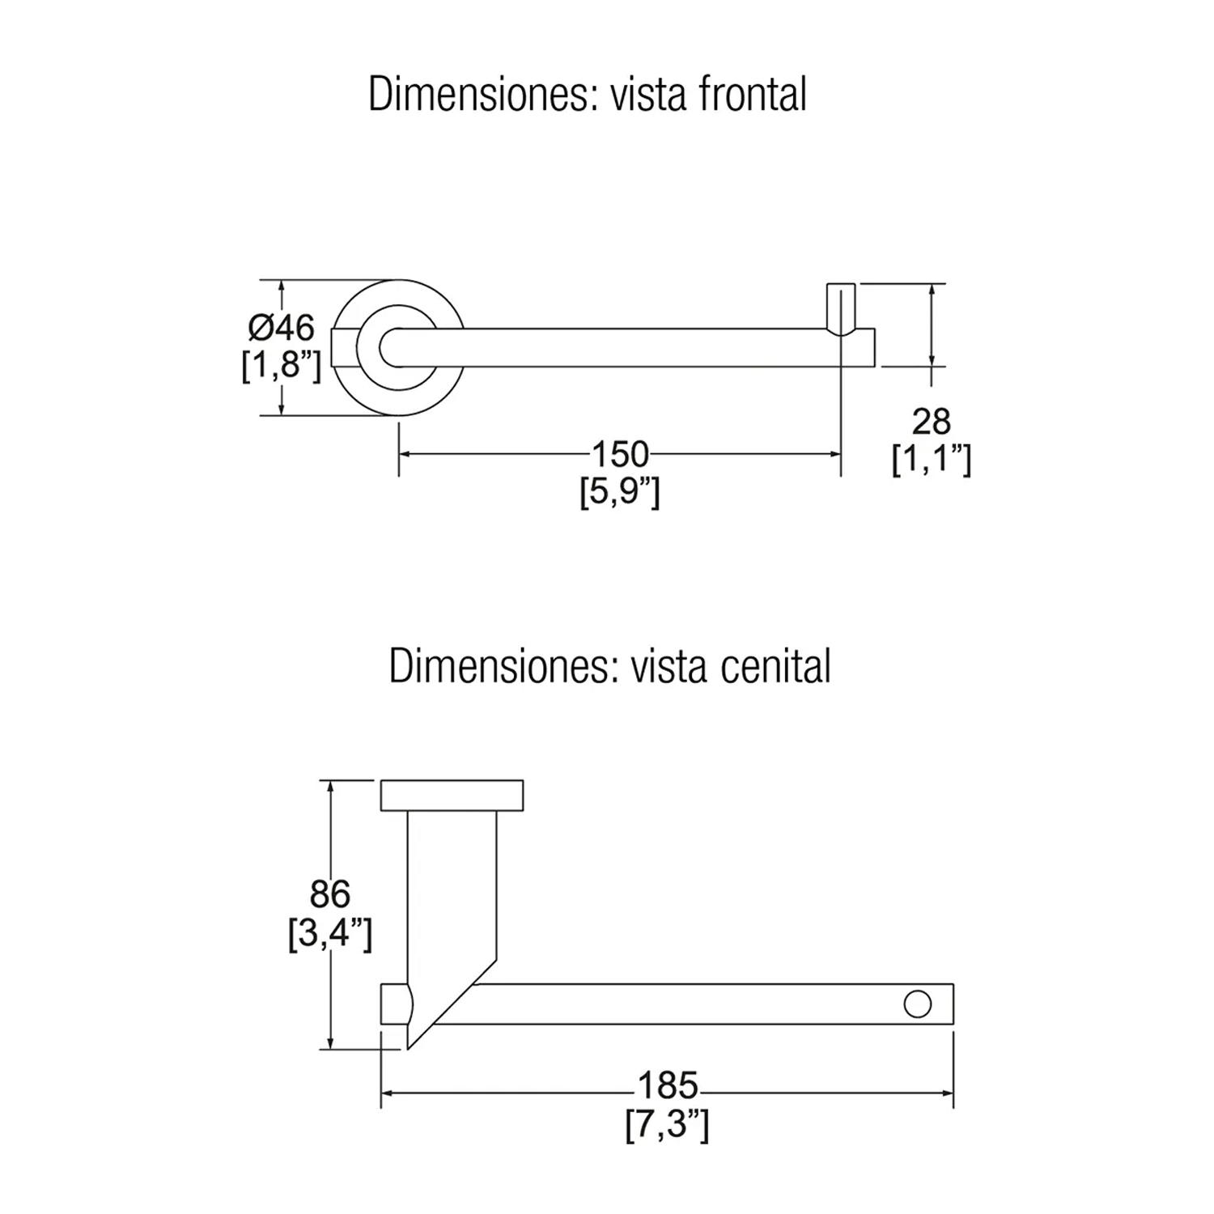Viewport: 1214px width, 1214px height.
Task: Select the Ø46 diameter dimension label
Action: tap(282, 328)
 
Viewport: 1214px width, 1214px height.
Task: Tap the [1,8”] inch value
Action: tap(282, 366)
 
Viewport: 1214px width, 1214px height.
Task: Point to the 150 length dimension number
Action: tap(620, 454)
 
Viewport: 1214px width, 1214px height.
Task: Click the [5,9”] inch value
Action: tap(620, 491)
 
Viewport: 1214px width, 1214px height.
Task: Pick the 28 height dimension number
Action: tap(931, 422)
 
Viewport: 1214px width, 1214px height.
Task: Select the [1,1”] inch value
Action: tap(931, 460)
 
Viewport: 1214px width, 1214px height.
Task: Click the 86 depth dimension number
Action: tap(330, 894)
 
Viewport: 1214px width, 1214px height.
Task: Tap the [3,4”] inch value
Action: tap(330, 934)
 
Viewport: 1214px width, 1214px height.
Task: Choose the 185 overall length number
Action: tap(668, 1085)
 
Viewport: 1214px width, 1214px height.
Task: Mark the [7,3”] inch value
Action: tap(668, 1124)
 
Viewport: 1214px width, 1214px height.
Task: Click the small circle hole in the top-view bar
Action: tap(917, 1004)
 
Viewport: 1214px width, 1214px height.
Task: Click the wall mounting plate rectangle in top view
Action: tap(452, 795)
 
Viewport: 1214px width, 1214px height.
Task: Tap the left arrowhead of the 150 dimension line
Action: tap(405, 454)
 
